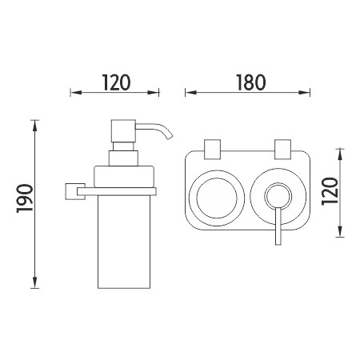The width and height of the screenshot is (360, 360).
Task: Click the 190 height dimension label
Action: pos(25,198)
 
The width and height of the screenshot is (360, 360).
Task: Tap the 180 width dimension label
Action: pos(251,82)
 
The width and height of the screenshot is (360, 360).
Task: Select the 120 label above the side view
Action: pos(116,82)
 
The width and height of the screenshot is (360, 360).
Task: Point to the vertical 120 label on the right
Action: pos(330,191)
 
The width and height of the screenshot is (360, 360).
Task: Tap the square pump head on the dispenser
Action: pos(123,131)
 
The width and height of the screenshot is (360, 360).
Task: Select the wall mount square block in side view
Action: pos(75,191)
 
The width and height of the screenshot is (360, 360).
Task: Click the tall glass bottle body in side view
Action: pos(124,242)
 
